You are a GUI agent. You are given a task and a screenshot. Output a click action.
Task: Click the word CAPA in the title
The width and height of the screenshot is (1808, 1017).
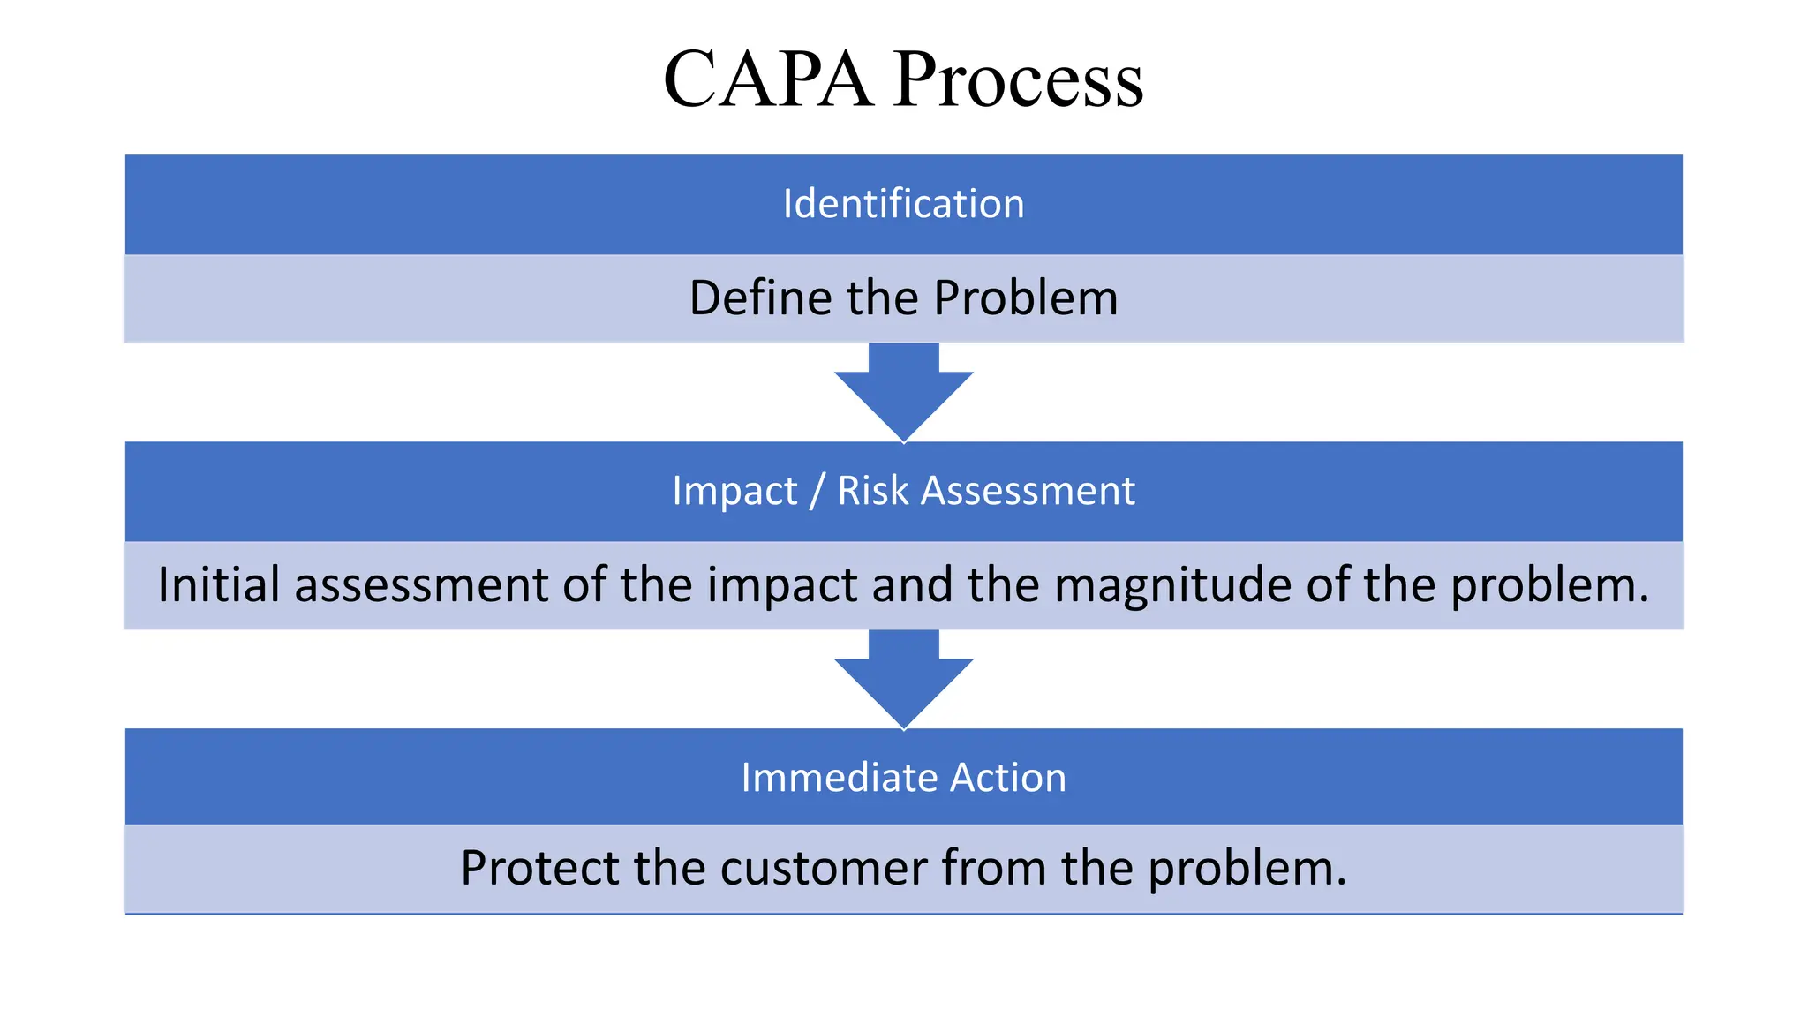point(767,79)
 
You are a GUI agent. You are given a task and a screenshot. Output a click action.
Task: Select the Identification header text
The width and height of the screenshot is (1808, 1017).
point(903,204)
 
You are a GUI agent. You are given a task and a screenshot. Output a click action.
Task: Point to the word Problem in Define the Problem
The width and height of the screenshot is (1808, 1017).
point(1025,298)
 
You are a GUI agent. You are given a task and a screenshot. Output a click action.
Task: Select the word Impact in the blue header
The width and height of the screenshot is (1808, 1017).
point(734,491)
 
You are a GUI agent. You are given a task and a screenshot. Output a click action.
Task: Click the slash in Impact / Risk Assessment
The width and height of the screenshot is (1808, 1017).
point(817,491)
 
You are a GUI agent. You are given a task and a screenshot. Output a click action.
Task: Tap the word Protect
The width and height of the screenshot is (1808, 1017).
point(539,868)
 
